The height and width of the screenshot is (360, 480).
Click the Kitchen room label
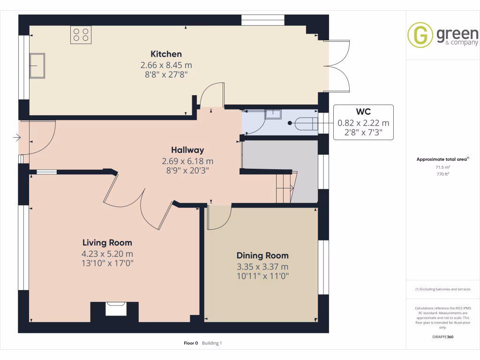(x=166, y=54)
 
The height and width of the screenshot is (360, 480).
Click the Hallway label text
(x=187, y=150)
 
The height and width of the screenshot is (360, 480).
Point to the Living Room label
(x=107, y=242)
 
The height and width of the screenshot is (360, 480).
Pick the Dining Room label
(x=262, y=255)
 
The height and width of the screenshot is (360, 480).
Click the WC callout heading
(x=363, y=112)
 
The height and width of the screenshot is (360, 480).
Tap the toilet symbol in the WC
(x=307, y=123)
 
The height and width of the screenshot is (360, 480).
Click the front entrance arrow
(x=17, y=138)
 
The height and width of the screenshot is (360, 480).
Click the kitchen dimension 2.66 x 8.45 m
(x=166, y=65)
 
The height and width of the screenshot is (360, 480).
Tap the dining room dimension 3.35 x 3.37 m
(x=262, y=266)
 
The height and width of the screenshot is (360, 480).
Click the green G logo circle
(x=420, y=35)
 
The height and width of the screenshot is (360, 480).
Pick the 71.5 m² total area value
(x=442, y=167)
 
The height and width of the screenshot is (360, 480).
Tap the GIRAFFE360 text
(x=442, y=337)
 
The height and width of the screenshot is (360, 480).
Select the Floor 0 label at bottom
(x=191, y=343)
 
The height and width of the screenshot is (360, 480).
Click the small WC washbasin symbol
(x=272, y=114)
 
